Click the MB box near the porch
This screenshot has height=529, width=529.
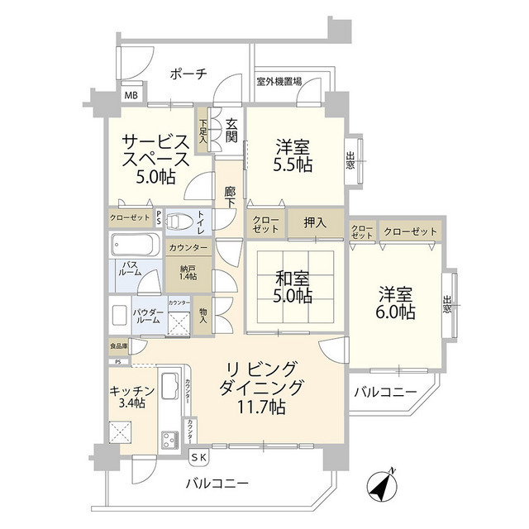click(131, 95)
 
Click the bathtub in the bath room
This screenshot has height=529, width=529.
click(134, 245)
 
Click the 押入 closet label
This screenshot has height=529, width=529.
click(315, 222)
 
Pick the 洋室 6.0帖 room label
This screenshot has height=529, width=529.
click(397, 303)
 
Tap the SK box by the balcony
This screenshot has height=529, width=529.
click(201, 457)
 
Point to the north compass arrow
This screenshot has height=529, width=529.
click(385, 485)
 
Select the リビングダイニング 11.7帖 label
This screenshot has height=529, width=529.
click(262, 387)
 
